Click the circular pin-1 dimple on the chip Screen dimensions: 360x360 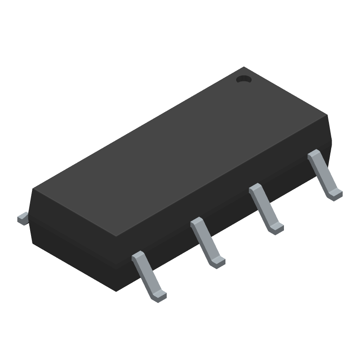pyautogui.click(x=243, y=79)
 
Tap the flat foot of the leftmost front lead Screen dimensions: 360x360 pyautogui.click(x=158, y=295)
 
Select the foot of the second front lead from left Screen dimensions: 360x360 pyautogui.click(x=217, y=262)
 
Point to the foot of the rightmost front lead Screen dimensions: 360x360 pyautogui.click(x=334, y=195)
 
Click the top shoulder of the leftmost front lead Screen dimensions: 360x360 pyautogui.click(x=139, y=256)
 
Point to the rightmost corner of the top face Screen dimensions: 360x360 pyautogui.click(x=327, y=116)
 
